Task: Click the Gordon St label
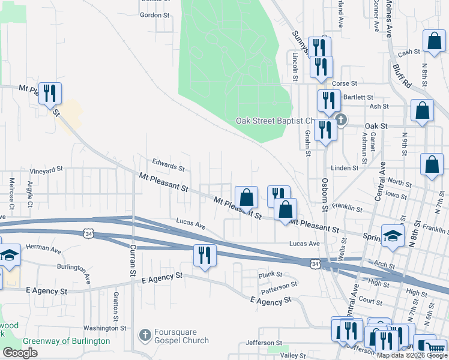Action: pyautogui.click(x=155, y=15)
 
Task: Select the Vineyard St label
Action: pyautogui.click(x=46, y=170)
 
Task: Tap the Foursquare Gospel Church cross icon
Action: pyautogui.click(x=144, y=335)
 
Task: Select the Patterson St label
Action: pyautogui.click(x=279, y=286)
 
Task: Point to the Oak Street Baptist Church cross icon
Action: pyautogui.click(x=341, y=119)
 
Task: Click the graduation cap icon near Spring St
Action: pyautogui.click(x=393, y=236)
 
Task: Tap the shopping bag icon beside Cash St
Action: pyautogui.click(x=433, y=41)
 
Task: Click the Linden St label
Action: pyautogui.click(x=345, y=168)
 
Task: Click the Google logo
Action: pyautogui.click(x=21, y=353)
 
